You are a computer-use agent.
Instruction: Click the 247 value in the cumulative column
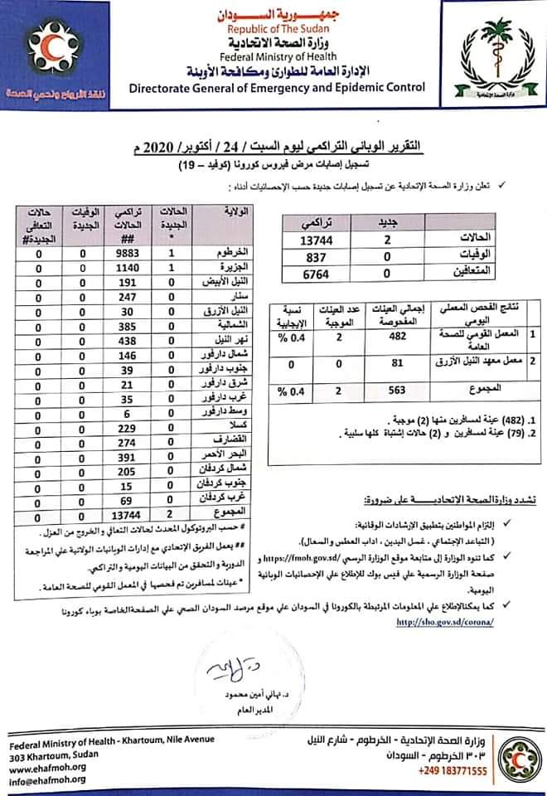(x=127, y=297)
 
